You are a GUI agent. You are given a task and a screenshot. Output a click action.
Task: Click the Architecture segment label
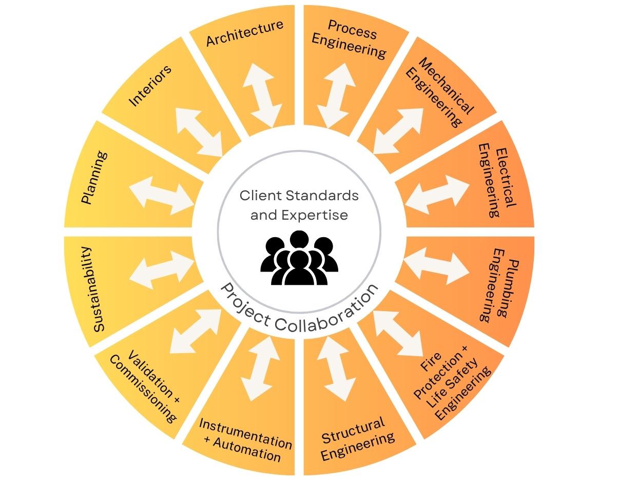click(x=244, y=33)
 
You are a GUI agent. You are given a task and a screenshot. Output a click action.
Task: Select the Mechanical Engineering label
click(x=439, y=92)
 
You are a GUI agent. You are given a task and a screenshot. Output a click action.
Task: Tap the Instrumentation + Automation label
click(x=245, y=440)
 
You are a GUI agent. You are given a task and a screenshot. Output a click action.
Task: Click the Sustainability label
click(x=93, y=289)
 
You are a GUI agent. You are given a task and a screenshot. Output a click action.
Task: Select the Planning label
click(x=94, y=178)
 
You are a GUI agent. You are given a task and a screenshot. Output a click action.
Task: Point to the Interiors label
click(x=149, y=86)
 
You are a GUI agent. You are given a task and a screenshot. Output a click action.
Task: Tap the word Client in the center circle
click(x=261, y=196)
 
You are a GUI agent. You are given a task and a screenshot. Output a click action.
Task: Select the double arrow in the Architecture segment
click(x=261, y=95)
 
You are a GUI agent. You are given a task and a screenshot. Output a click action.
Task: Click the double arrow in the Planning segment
click(x=161, y=196)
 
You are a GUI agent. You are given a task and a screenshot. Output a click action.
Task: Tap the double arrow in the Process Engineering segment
click(x=336, y=95)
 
